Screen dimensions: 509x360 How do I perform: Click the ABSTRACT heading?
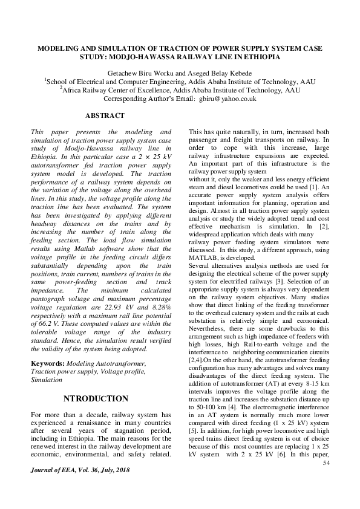click(105, 115)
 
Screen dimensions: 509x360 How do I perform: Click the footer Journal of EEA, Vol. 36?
click(79, 469)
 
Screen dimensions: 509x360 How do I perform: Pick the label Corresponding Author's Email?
click(149, 99)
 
